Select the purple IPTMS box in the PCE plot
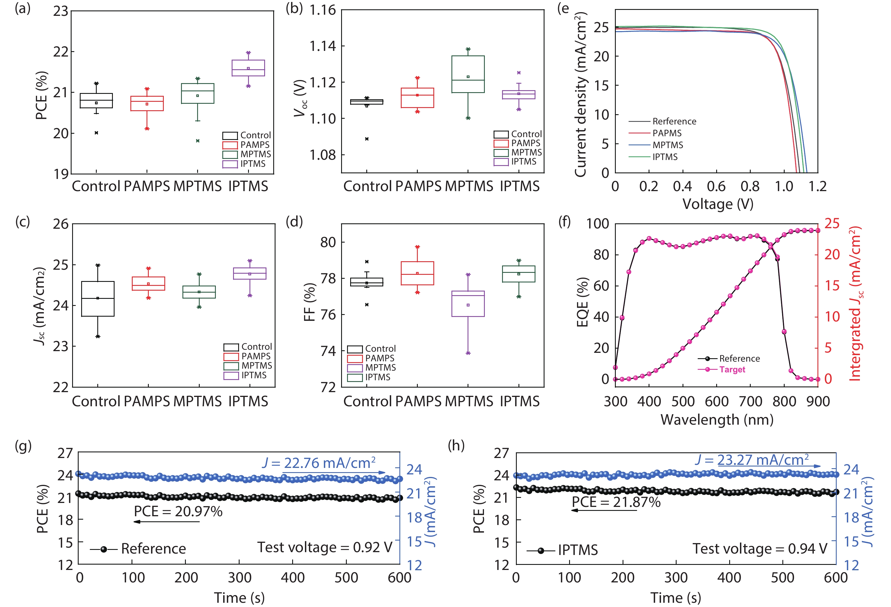(248, 68)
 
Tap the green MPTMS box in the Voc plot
(468, 74)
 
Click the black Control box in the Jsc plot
(98, 299)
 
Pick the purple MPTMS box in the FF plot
(468, 304)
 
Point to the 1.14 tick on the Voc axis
(322, 46)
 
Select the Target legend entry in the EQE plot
(732, 370)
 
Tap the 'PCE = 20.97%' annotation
(178, 511)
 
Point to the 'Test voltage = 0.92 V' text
(325, 547)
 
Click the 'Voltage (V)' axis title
(718, 204)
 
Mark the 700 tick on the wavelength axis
(750, 401)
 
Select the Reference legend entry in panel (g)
(153, 549)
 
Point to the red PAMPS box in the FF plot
(417, 273)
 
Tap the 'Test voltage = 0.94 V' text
(759, 549)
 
